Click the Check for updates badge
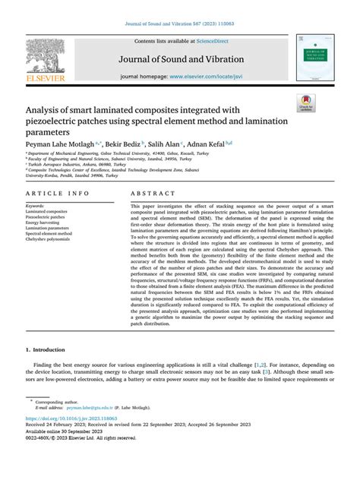click(307, 103)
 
